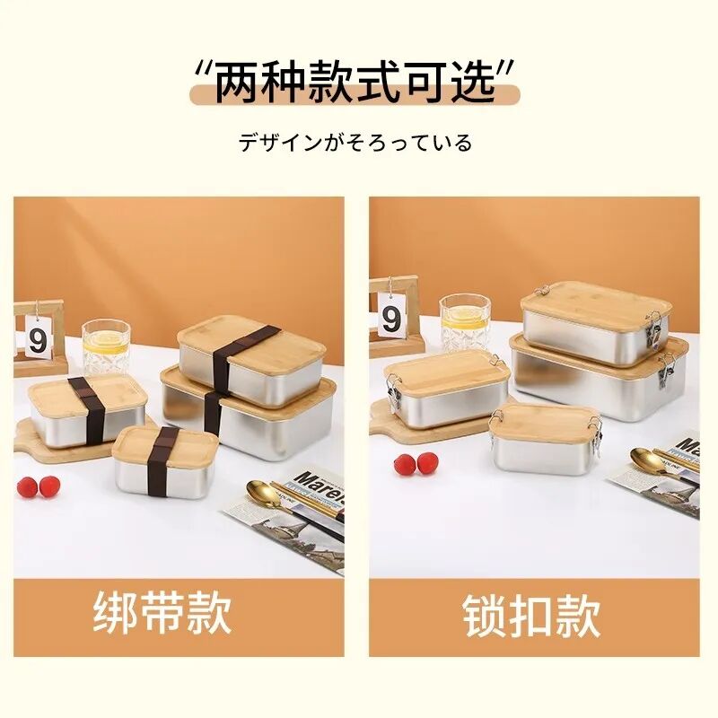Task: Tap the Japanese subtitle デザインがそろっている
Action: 355,143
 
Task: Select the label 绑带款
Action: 162,615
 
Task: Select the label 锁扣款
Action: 531,617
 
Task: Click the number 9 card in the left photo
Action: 38,339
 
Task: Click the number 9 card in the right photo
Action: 391,317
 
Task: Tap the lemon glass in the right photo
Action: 464,323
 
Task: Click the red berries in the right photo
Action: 416,464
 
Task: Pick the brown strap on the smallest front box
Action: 163,458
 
